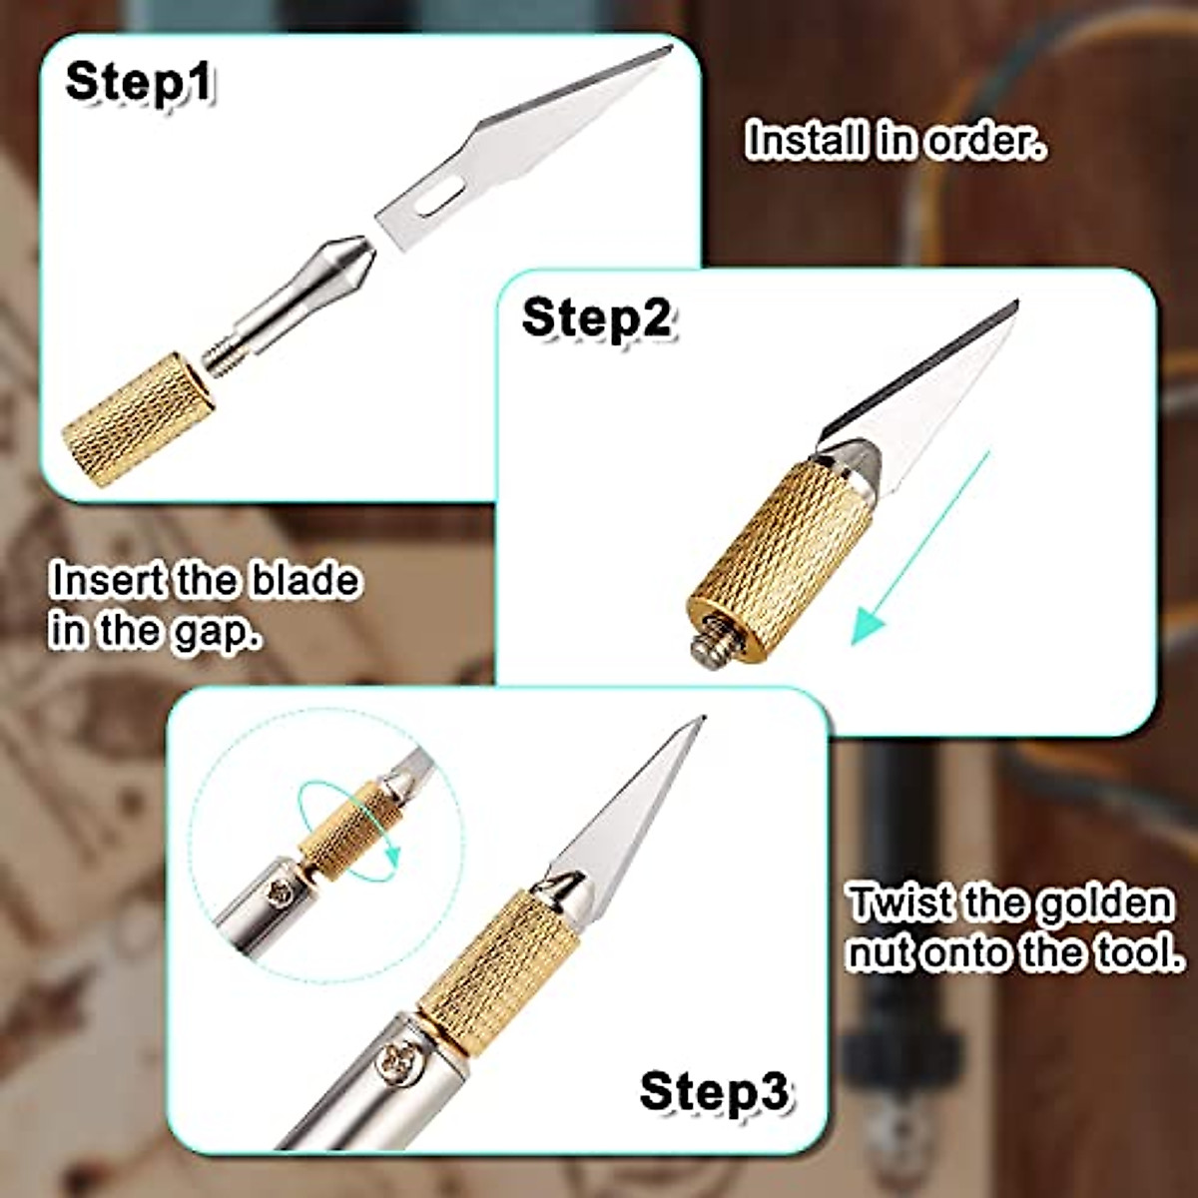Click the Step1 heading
click(139, 82)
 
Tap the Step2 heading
click(596, 318)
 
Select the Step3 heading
click(713, 1091)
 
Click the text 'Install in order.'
click(897, 141)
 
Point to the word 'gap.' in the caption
click(217, 632)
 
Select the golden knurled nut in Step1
click(138, 419)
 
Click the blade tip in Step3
click(701, 720)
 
